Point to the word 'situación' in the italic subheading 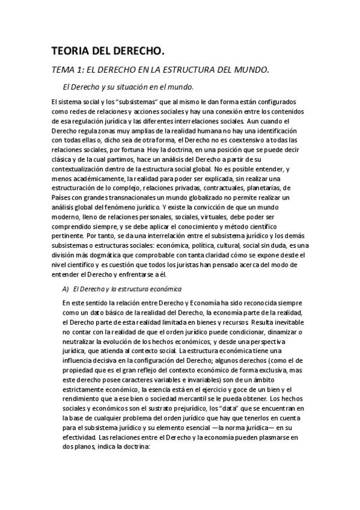tap(136, 87)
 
